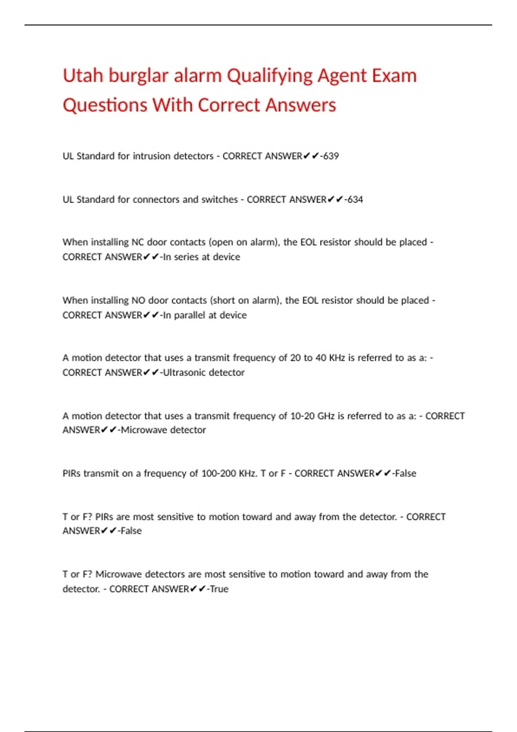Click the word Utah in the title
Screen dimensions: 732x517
click(83, 76)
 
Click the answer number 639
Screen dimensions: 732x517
click(331, 156)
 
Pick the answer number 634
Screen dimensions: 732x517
click(355, 199)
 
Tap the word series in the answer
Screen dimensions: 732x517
click(187, 257)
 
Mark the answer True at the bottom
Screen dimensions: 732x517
click(219, 589)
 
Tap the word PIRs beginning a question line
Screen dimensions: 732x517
click(72, 473)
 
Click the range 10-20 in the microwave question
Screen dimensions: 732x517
click(302, 416)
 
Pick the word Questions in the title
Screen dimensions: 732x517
click(105, 105)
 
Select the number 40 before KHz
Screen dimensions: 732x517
click(321, 358)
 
